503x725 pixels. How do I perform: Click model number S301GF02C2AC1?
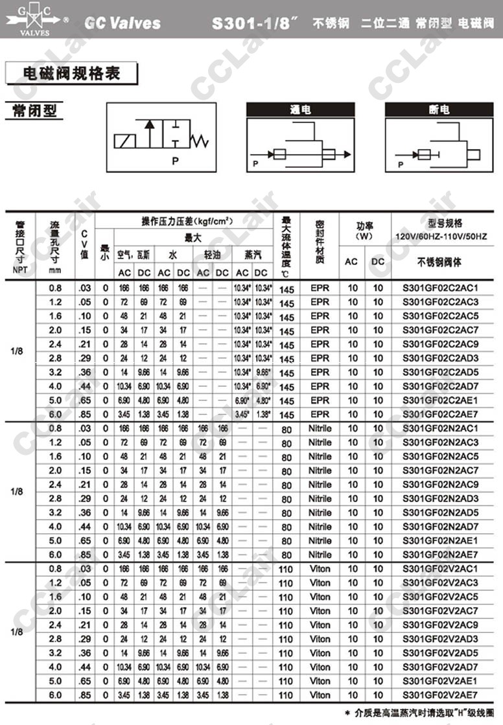(x=440, y=288)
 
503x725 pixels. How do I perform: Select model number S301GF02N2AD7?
(x=440, y=527)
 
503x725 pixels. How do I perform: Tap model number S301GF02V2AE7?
(x=440, y=695)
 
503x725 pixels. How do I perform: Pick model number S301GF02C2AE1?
(x=440, y=400)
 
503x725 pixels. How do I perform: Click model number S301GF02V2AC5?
(x=440, y=597)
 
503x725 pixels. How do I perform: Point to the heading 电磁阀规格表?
(x=71, y=73)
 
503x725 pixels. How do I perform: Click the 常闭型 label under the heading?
(x=34, y=110)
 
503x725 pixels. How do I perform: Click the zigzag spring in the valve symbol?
(x=204, y=140)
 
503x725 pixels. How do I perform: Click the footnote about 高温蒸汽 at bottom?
(x=419, y=711)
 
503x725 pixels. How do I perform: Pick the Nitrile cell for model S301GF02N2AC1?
(x=320, y=428)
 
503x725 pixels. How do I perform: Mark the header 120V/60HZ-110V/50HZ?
(x=440, y=236)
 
